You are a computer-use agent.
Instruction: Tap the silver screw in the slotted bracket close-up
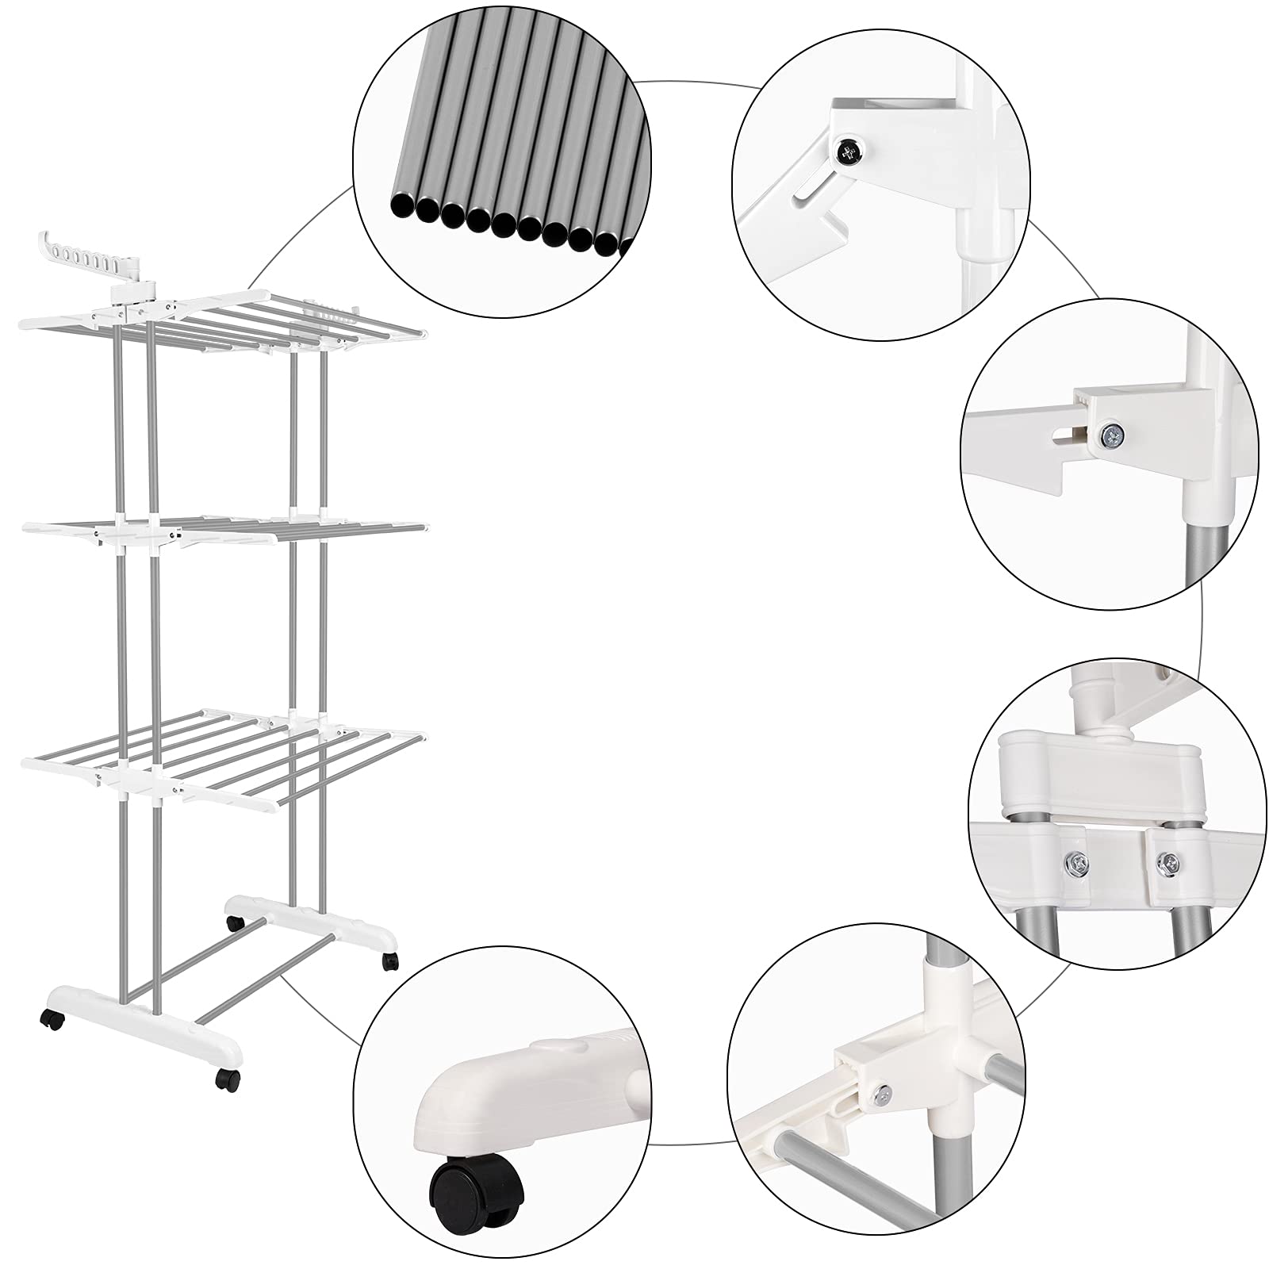pos(1110,433)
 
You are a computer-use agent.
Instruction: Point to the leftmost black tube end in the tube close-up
pos(402,208)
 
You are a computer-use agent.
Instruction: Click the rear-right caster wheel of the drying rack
pos(389,961)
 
